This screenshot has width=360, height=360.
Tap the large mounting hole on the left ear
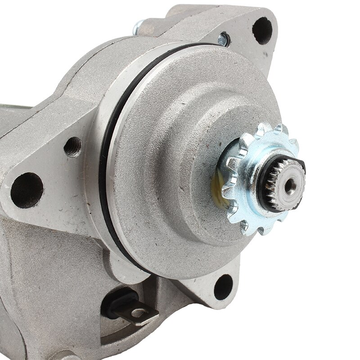pos(27,189)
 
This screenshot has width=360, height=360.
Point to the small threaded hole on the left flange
pos(72,147)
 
